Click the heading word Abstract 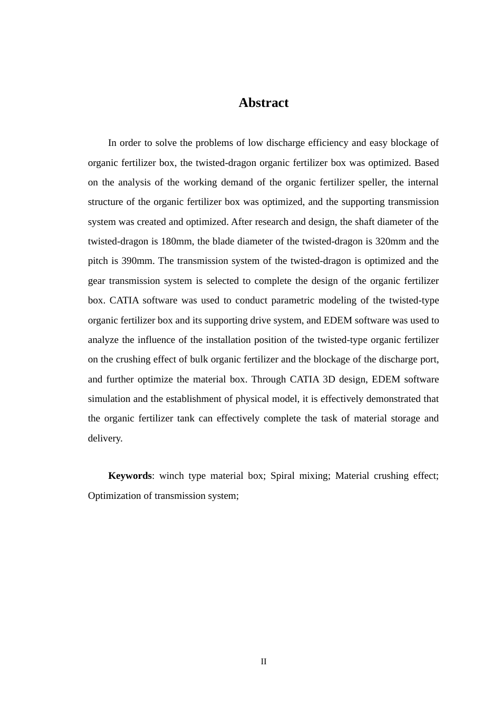[263, 103]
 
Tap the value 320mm [391, 241]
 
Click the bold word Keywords [130, 476]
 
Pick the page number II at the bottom [263, 662]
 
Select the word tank [186, 418]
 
